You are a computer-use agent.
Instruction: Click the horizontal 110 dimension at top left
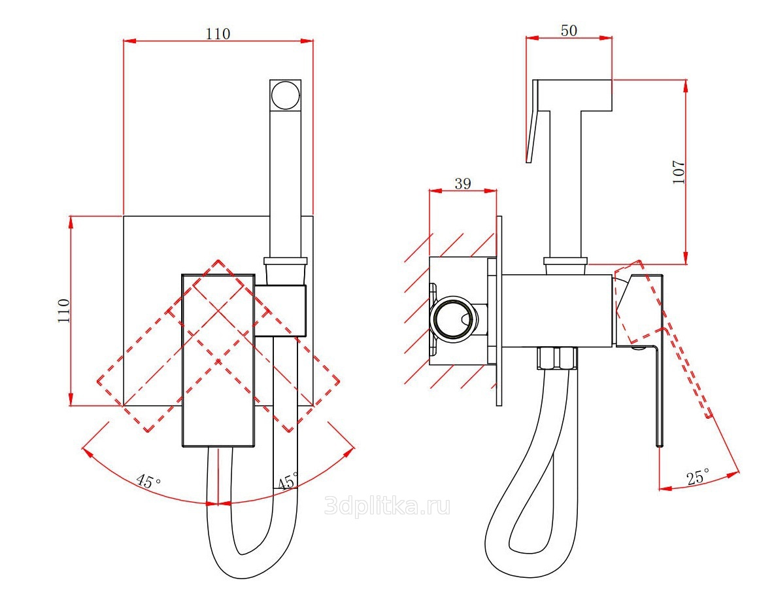(x=218, y=33)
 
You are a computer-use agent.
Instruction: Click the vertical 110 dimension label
(x=64, y=310)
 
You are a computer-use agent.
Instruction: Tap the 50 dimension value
(x=569, y=31)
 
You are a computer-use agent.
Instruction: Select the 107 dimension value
(x=679, y=171)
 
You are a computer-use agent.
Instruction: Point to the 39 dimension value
(x=463, y=183)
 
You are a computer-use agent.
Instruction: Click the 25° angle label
(x=698, y=476)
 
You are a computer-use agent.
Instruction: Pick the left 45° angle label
(x=148, y=480)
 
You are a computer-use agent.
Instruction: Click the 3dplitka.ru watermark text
(x=388, y=506)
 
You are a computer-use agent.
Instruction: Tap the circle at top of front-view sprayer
(x=285, y=94)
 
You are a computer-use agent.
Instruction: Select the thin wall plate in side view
(x=499, y=311)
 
